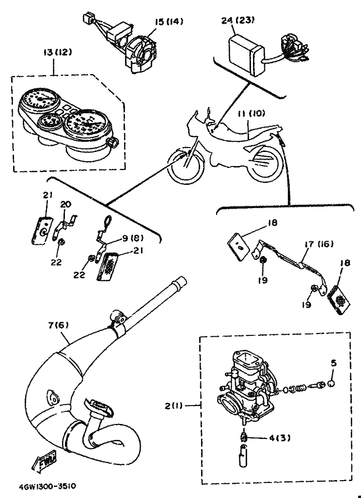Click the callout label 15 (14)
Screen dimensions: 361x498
[x=169, y=22]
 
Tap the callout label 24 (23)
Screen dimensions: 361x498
[x=238, y=21]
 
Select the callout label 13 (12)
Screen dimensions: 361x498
[x=58, y=52]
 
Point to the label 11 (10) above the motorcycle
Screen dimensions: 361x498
[x=251, y=113]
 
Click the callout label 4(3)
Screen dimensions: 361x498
[x=279, y=438]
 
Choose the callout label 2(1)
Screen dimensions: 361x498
[x=173, y=406]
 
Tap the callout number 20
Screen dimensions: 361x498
[x=66, y=204]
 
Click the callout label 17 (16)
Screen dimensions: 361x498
[x=319, y=244]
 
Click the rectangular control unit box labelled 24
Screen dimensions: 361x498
[x=246, y=55]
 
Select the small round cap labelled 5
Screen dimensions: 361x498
[x=331, y=384]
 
